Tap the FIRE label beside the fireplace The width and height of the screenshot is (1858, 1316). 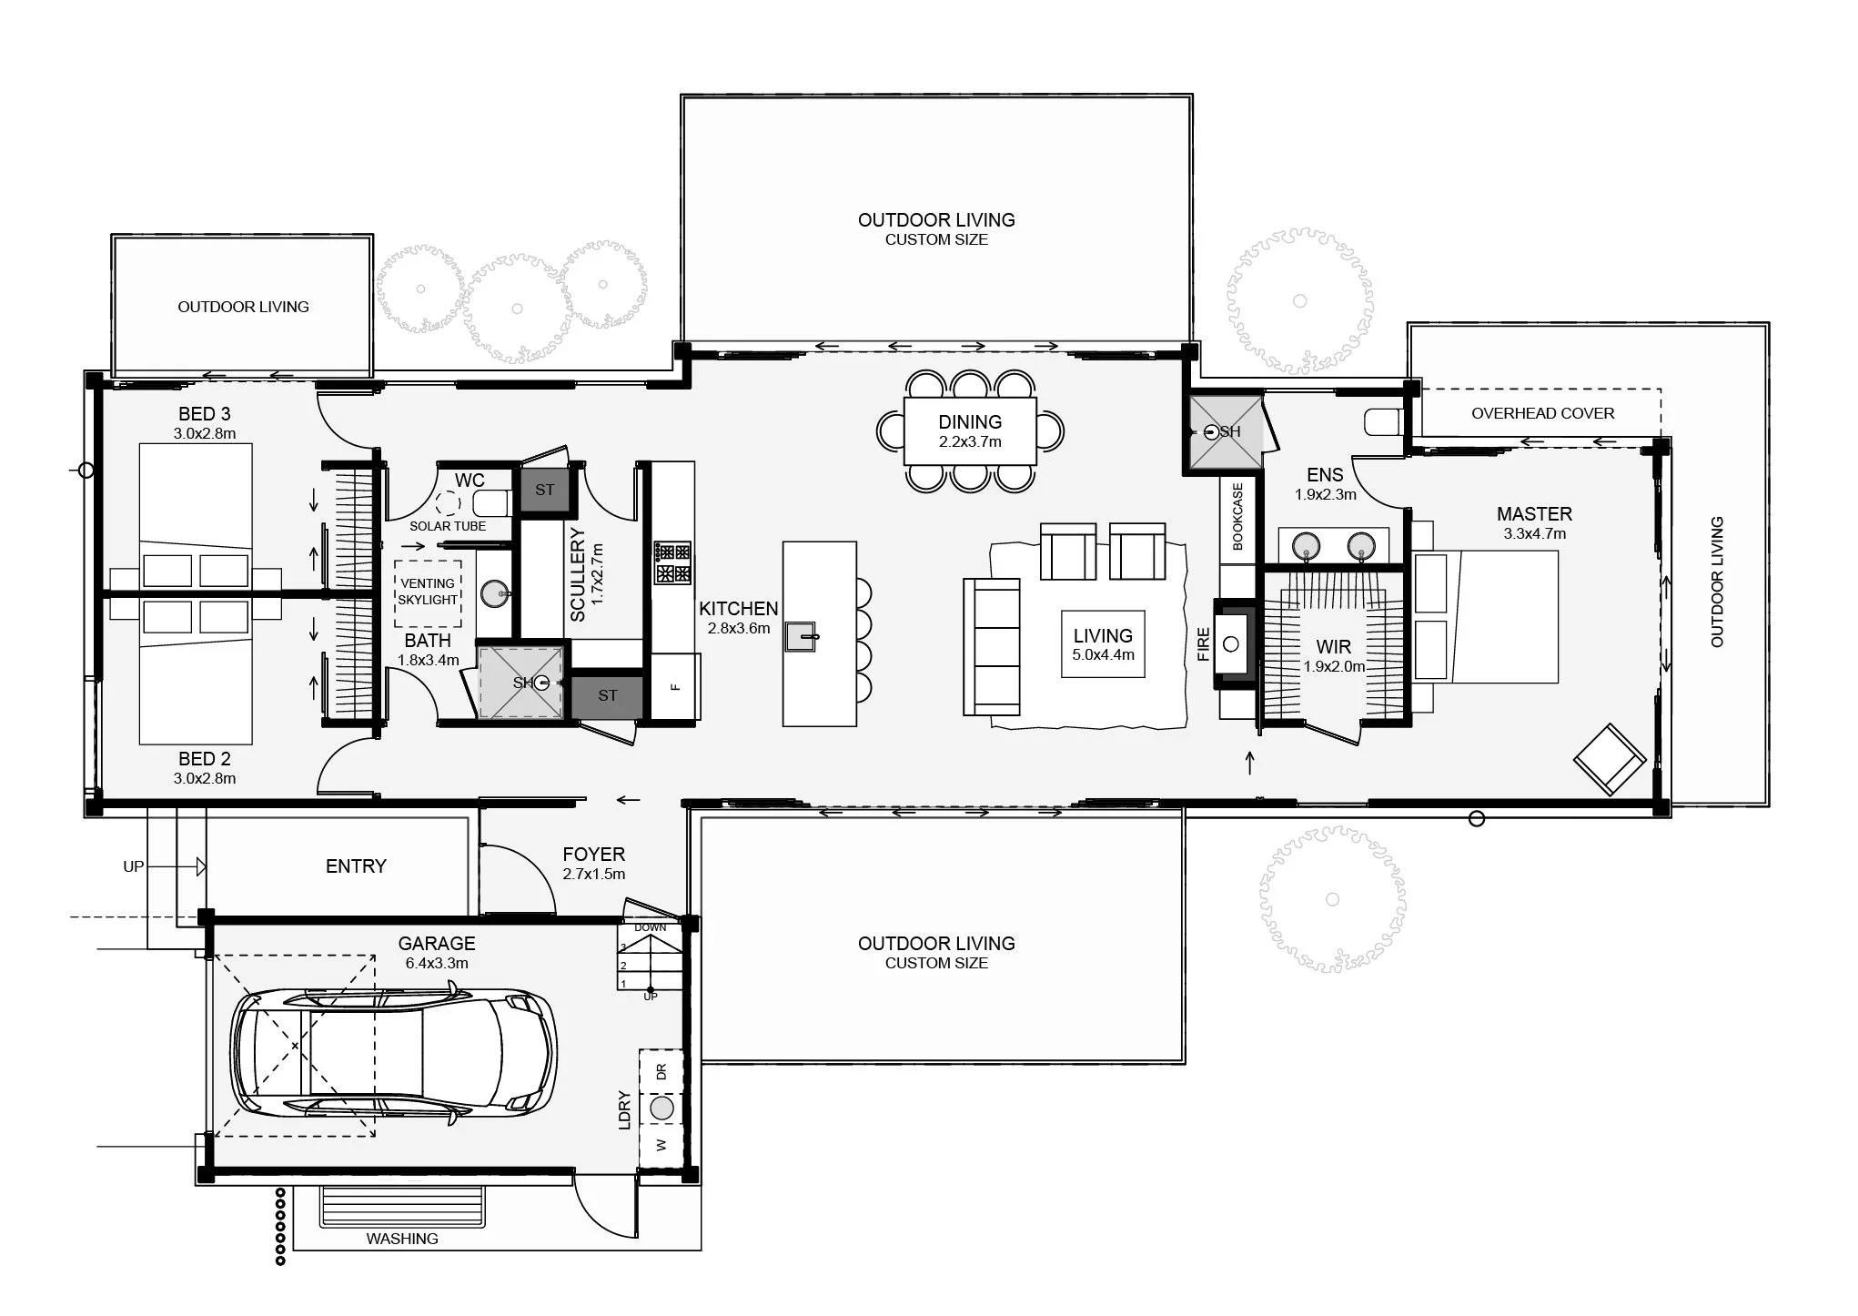(x=1203, y=644)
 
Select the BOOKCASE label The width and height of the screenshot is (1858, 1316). (x=1237, y=516)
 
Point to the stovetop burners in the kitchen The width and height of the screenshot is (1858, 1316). (x=672, y=562)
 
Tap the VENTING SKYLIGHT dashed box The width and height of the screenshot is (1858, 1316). (x=428, y=592)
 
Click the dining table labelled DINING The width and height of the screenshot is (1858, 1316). (x=970, y=431)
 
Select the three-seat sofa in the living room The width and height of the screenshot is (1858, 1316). (x=992, y=646)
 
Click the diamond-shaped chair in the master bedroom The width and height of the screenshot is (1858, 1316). (x=1611, y=759)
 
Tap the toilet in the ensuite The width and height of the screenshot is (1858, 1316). (x=1385, y=421)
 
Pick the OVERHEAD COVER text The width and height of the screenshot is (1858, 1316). (x=1543, y=413)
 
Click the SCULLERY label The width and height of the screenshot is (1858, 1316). (x=578, y=575)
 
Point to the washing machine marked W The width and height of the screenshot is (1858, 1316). (x=661, y=1145)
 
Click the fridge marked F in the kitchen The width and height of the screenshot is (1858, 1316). (x=675, y=687)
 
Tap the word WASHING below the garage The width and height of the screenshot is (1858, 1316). (x=402, y=1239)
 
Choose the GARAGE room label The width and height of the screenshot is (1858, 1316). (x=437, y=944)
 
